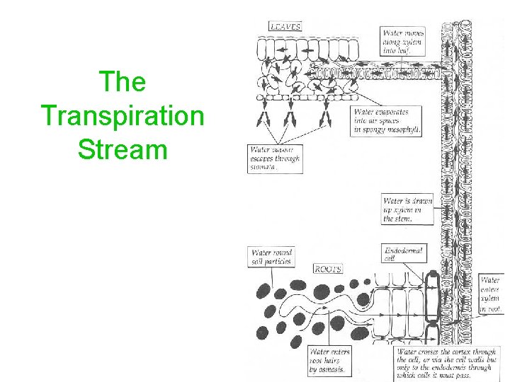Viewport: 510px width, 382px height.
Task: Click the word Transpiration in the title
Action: pyautogui.click(x=122, y=115)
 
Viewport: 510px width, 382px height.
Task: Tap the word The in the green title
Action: pyautogui.click(x=123, y=82)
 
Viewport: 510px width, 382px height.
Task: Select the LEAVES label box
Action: pyautogui.click(x=285, y=27)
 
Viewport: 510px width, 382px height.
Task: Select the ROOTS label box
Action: pyautogui.click(x=328, y=269)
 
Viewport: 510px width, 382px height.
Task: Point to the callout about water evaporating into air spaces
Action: pyautogui.click(x=387, y=121)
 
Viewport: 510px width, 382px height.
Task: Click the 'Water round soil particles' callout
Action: pyautogui.click(x=271, y=257)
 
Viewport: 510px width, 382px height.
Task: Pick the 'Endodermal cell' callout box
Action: pyautogui.click(x=403, y=254)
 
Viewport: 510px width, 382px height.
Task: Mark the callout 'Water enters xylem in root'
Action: pyautogui.click(x=490, y=294)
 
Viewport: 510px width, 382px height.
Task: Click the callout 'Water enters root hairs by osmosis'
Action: pyautogui.click(x=329, y=361)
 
